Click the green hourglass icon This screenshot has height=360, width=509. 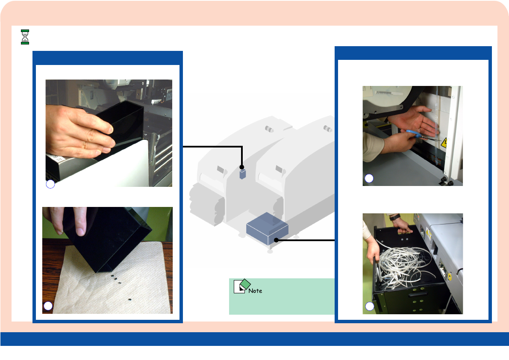25,37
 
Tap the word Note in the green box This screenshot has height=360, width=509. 255,291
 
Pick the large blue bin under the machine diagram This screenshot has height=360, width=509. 267,229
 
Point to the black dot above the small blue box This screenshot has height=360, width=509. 241,167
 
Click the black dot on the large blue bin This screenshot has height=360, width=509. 276,240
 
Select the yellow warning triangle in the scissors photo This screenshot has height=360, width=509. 444,142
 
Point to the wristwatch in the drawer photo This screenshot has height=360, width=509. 395,217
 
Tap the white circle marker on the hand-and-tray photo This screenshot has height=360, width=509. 50,184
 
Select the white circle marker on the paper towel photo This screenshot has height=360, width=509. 48,306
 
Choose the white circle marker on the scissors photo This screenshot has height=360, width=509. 369,178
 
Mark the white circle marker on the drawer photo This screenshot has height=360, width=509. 370,306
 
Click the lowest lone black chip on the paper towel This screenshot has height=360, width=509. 129,299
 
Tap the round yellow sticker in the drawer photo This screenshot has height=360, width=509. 450,277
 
